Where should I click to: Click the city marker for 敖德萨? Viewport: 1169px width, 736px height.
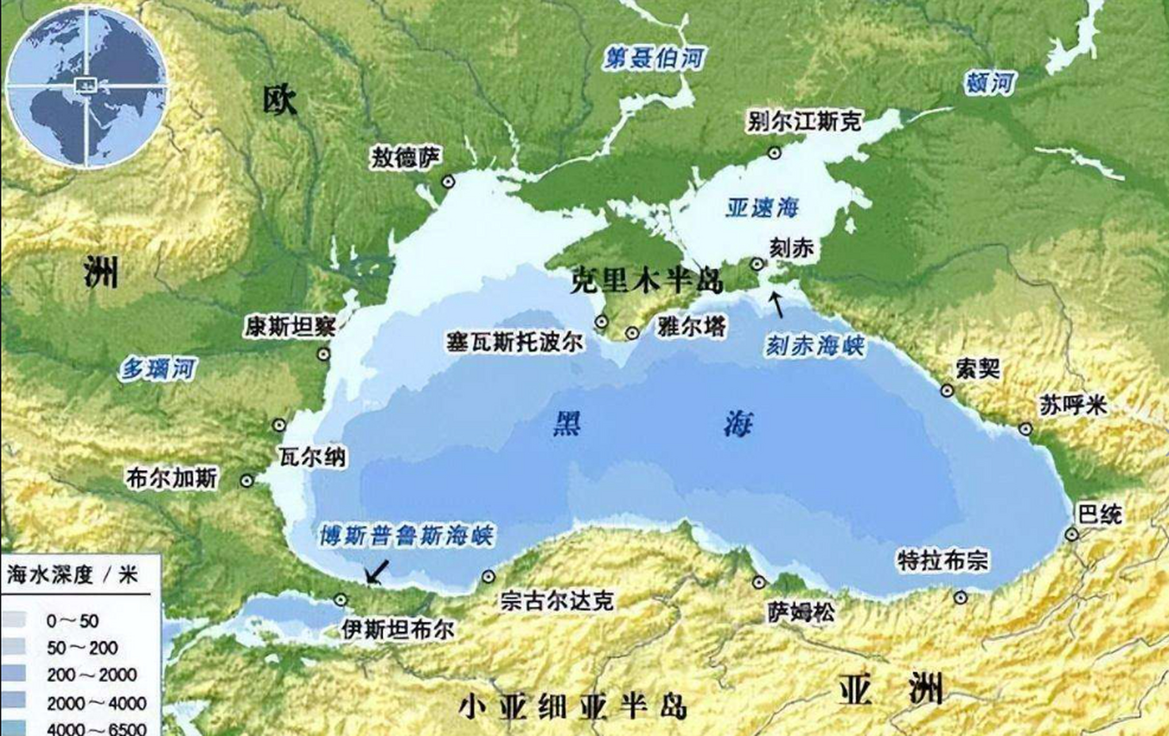448,182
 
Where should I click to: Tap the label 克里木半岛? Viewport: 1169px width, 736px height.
646,281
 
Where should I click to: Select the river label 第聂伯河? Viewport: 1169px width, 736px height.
654,58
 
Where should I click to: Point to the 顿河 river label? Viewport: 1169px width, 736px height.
990,83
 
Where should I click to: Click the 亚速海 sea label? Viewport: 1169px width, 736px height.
762,208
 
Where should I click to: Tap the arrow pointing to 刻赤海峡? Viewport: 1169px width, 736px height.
777,304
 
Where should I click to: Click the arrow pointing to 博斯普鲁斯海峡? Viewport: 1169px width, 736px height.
377,572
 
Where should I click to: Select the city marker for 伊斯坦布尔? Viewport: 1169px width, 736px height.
341,600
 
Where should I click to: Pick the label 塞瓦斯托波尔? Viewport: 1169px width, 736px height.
515,342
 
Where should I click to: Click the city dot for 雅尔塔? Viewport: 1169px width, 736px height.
633,332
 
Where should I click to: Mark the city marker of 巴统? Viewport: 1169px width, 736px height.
1071,534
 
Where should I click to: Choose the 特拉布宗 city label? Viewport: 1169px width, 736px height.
942,561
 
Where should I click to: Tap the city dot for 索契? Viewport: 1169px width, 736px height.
947,391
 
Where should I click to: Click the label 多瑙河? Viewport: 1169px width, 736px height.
158,369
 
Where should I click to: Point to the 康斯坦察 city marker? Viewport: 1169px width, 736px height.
324,354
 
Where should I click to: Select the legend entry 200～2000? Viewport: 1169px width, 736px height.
91,674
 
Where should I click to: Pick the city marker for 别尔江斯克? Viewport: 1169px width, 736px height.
774,152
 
